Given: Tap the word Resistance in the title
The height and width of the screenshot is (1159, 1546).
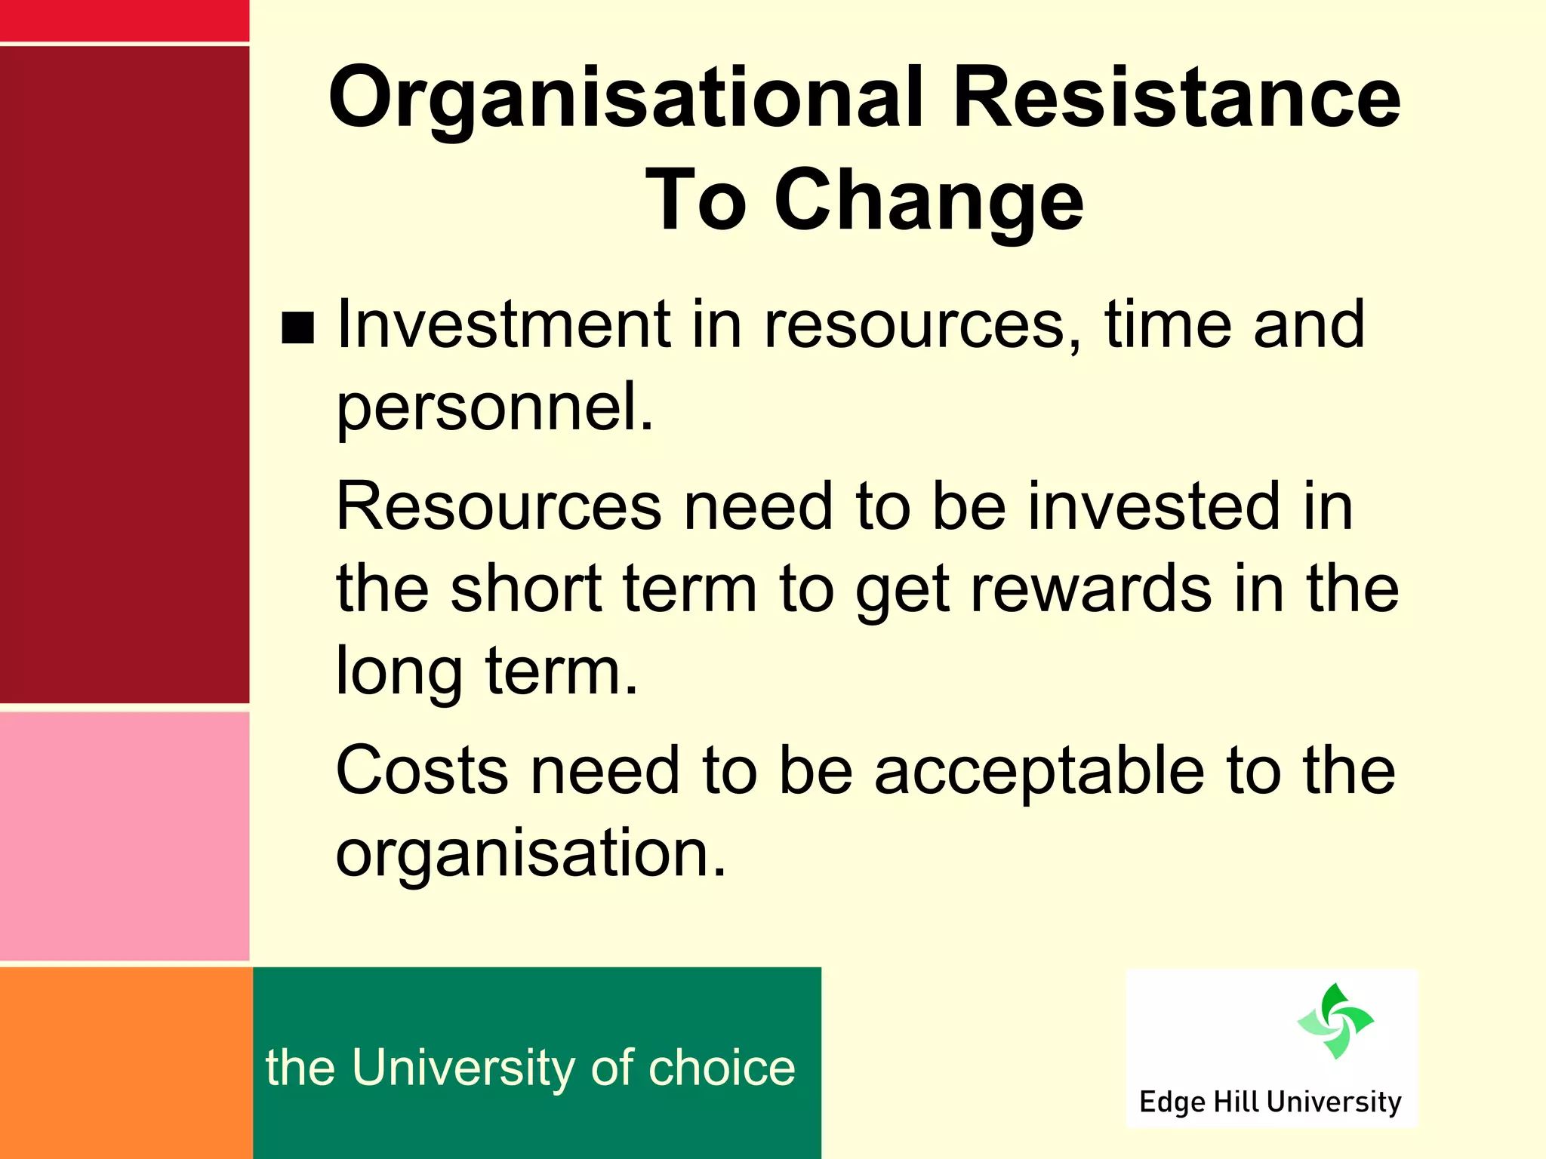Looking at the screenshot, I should pos(1176,98).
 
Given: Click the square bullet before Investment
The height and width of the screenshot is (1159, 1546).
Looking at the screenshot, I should pos(297,328).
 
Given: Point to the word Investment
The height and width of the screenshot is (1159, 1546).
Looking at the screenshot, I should pos(504,324).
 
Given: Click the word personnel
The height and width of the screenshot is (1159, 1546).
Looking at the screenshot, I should pos(494,407).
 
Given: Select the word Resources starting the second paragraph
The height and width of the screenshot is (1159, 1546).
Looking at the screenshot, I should pos(498,506).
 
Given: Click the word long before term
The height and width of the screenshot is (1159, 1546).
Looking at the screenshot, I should pos(399,672).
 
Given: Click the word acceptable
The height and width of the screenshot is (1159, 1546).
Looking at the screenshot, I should pos(1039,770).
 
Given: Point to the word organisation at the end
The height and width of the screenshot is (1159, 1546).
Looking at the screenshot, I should pos(530,853).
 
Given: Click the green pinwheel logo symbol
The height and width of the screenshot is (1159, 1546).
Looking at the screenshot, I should pos(1335,1021).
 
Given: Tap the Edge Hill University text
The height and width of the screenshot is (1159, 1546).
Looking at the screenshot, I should pos(1270,1102).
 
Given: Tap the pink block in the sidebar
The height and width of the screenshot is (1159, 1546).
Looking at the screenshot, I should pos(125,836).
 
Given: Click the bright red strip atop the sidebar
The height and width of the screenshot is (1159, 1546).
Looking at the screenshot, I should pos(125,20).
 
